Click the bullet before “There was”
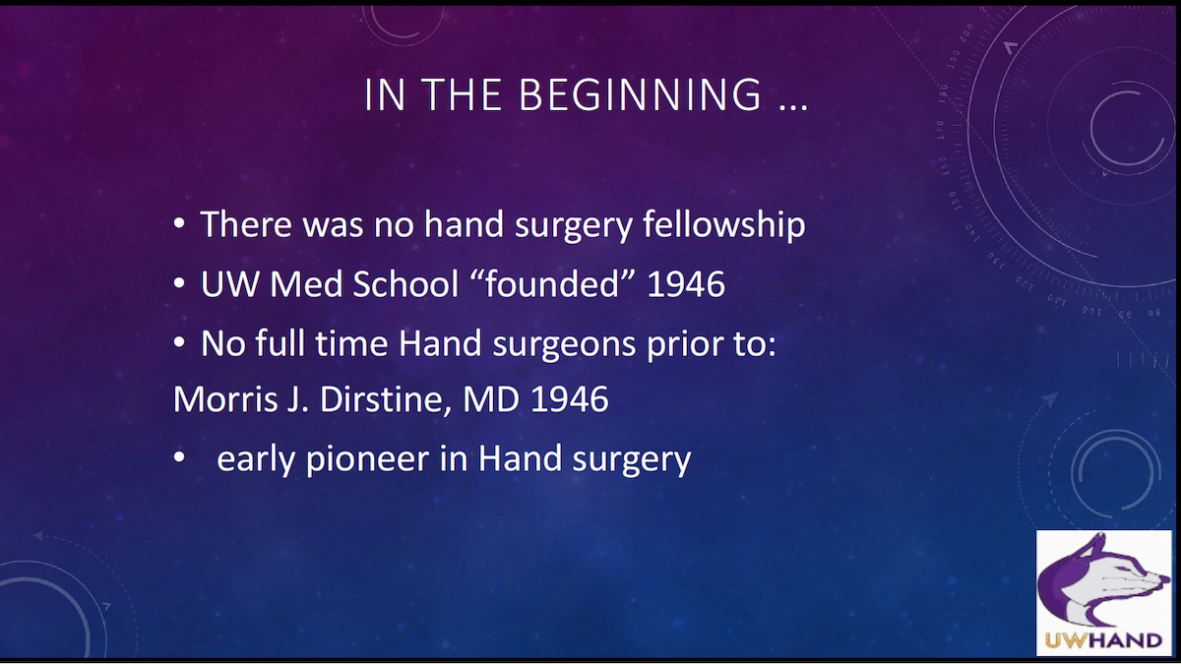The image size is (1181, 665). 179,225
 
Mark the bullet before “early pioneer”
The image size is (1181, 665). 179,459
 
